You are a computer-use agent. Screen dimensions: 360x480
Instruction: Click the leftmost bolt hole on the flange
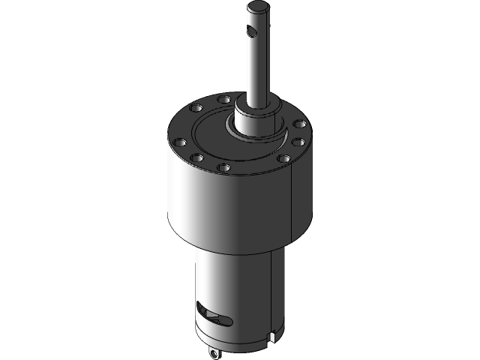click(x=178, y=141)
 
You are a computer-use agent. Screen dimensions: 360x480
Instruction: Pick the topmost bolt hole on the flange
click(x=223, y=99)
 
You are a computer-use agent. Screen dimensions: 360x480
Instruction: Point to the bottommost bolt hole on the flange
click(x=224, y=168)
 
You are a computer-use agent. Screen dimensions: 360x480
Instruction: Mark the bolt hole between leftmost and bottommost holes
click(x=196, y=158)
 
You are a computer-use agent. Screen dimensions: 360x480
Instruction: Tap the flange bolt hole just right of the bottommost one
click(x=283, y=158)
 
